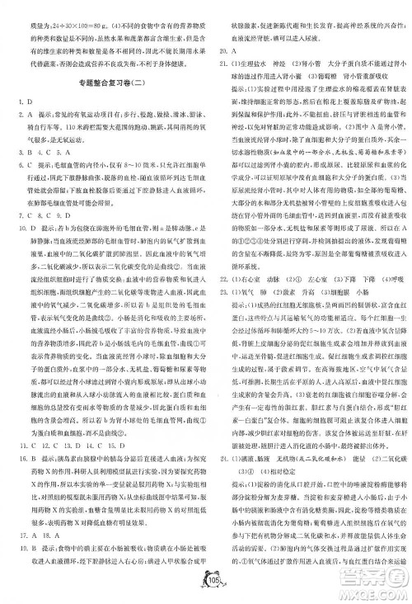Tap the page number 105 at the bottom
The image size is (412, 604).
click(x=207, y=585)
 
